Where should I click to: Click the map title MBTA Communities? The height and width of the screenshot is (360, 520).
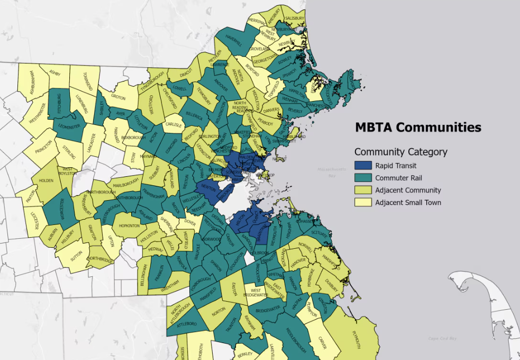pyautogui.click(x=418, y=128)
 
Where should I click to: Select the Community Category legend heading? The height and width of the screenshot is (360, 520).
pyautogui.click(x=400, y=152)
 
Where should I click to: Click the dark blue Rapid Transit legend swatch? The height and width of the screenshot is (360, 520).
pyautogui.click(x=363, y=166)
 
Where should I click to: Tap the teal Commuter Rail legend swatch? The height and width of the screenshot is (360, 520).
pyautogui.click(x=363, y=178)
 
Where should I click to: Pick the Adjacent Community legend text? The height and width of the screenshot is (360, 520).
pyautogui.click(x=408, y=190)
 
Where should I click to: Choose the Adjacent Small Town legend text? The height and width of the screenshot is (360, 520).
pyautogui.click(x=408, y=202)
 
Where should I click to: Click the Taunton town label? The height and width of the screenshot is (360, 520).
pyautogui.click(x=230, y=328)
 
